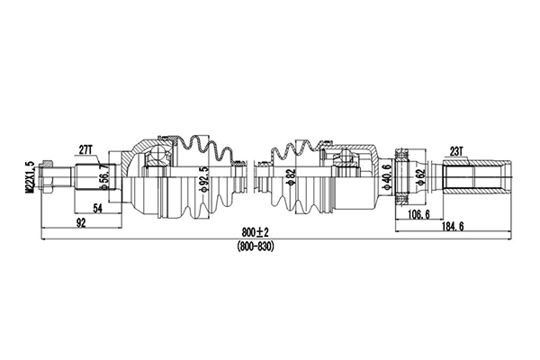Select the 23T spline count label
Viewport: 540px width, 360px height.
[456, 152]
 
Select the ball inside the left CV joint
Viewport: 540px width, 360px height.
[156, 157]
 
